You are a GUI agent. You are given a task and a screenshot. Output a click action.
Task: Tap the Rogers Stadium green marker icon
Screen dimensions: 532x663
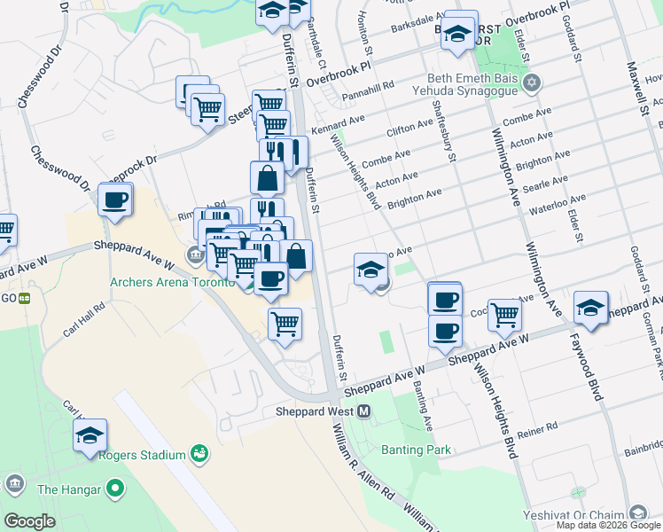200,455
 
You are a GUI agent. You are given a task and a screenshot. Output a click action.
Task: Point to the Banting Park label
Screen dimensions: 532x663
416,450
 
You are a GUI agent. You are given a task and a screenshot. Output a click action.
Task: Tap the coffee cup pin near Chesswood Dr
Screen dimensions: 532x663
115,200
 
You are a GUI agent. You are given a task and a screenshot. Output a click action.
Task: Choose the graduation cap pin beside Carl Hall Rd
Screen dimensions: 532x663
90,435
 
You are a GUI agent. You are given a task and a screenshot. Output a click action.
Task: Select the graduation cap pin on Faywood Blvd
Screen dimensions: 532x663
590,308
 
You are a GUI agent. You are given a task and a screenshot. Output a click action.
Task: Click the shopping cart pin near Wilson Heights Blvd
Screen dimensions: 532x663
504,314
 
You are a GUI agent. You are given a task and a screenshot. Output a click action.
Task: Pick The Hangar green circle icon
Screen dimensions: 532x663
114,489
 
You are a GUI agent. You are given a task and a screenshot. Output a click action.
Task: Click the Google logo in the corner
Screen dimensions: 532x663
29,521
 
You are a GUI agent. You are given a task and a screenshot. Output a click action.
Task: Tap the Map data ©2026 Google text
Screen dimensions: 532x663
608,525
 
